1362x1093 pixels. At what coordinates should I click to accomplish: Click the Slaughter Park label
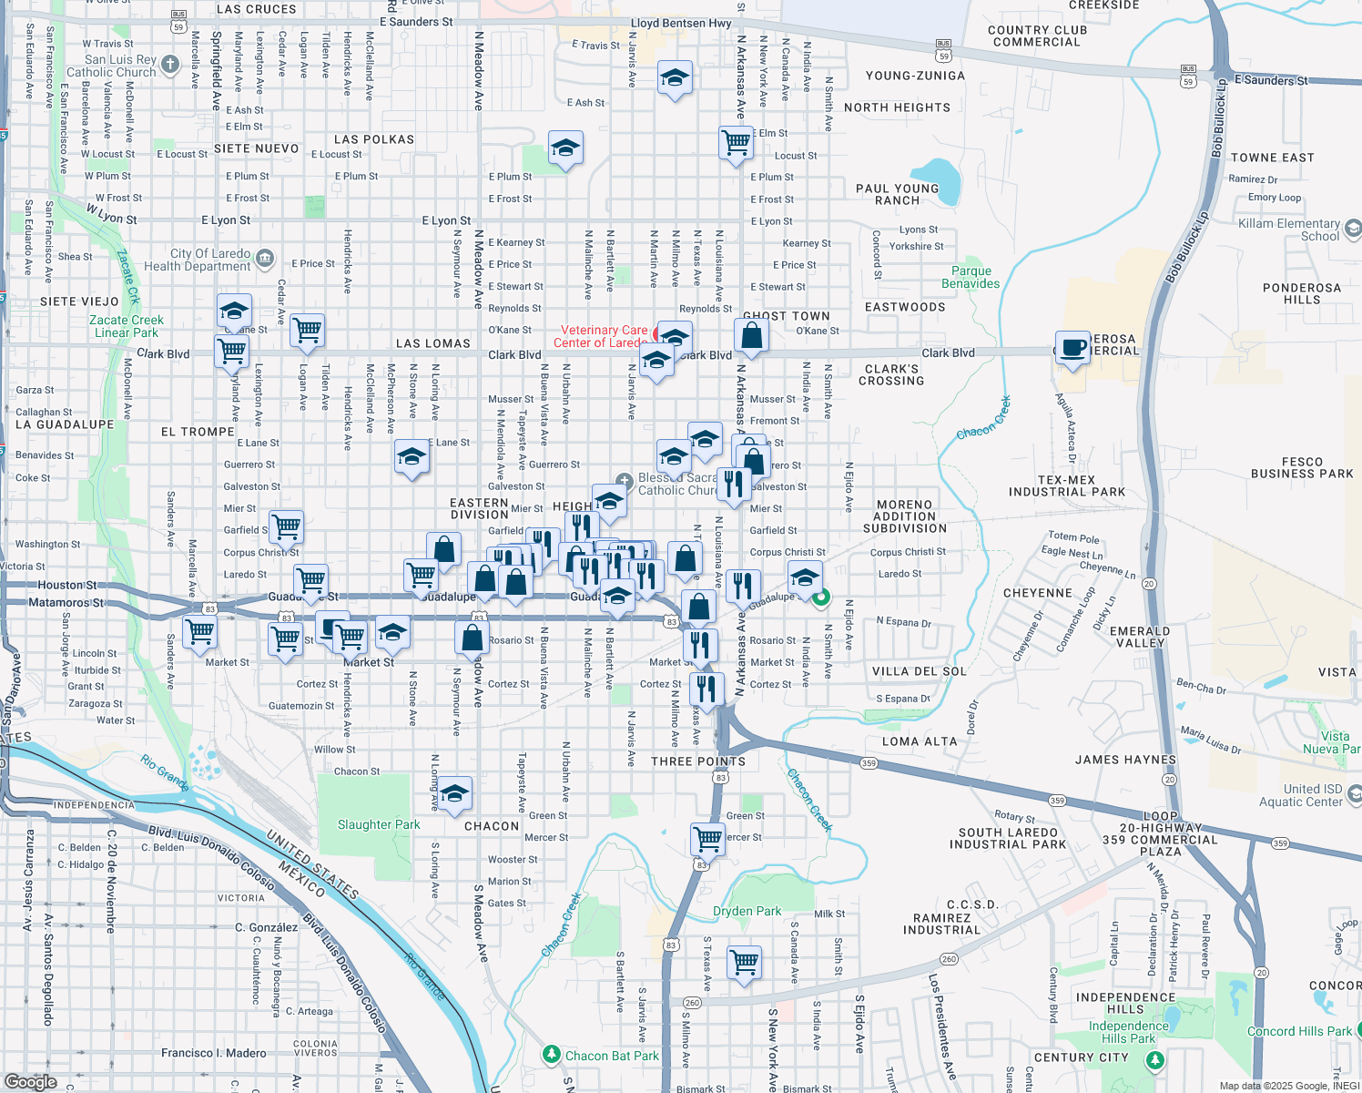point(379,824)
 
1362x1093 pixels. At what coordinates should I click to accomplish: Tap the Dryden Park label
point(747,911)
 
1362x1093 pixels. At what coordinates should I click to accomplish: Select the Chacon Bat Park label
point(611,1056)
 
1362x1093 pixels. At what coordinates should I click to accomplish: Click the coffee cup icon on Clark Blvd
point(1073,347)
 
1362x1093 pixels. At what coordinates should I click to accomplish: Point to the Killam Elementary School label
point(1288,230)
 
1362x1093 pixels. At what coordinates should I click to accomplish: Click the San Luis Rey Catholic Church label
point(112,66)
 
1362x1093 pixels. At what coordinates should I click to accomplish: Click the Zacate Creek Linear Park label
point(127,326)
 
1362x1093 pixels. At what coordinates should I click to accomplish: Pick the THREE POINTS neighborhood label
point(698,761)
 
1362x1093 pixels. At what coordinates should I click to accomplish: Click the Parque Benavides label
point(971,277)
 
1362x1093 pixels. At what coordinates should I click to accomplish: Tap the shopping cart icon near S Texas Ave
point(745,962)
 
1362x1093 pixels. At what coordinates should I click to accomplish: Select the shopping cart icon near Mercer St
point(707,838)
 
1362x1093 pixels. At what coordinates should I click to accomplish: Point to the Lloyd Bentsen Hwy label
point(681,23)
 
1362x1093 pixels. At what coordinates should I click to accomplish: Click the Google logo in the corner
point(31,1081)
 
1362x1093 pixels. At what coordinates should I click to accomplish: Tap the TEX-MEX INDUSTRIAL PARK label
point(1067,485)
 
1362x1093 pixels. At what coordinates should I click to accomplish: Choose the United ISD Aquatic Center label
point(1300,795)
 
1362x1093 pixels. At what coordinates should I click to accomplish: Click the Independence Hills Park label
point(1128,1032)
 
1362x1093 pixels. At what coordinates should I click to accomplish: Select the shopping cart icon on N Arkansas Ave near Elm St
point(736,142)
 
